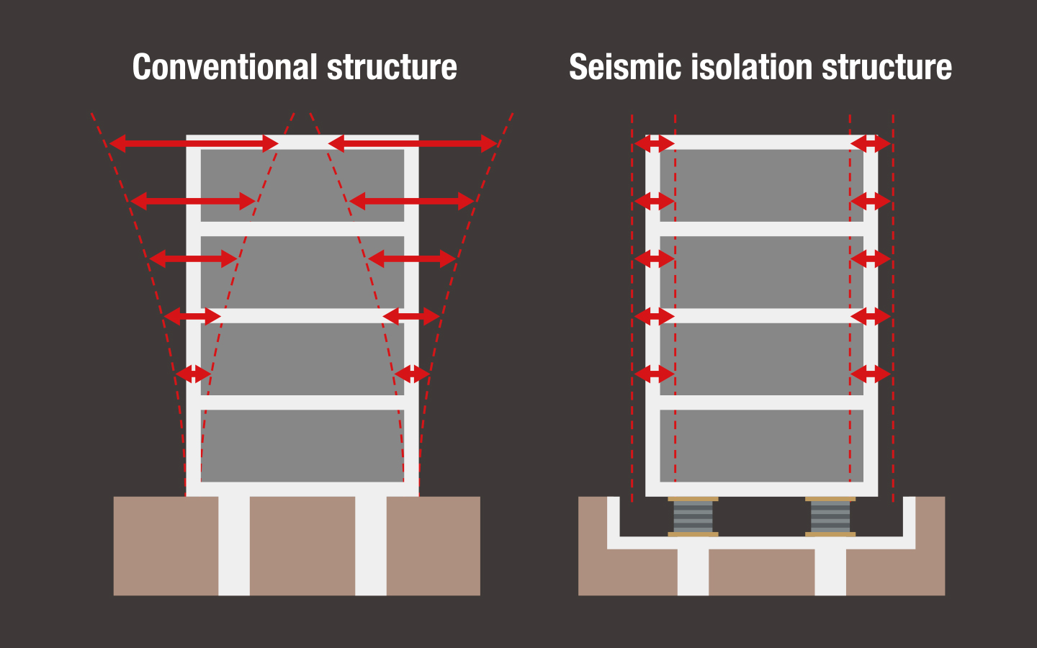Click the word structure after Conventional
(x=392, y=68)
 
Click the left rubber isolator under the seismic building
(x=693, y=517)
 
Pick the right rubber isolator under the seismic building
(x=830, y=517)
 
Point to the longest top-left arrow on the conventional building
(x=193, y=143)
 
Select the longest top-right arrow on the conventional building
(x=412, y=143)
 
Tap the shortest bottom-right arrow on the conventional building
(x=411, y=374)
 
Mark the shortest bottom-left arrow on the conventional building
(x=193, y=374)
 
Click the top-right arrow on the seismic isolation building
(x=871, y=143)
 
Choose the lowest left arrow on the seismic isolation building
(x=653, y=374)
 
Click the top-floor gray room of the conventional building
(x=302, y=185)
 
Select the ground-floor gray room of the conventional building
(x=302, y=445)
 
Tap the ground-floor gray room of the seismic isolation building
(x=761, y=445)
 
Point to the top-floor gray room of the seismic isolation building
(x=761, y=185)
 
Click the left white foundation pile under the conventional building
(x=234, y=546)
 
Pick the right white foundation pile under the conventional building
(x=371, y=546)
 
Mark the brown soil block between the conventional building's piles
(x=302, y=546)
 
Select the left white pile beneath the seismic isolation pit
(x=693, y=572)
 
